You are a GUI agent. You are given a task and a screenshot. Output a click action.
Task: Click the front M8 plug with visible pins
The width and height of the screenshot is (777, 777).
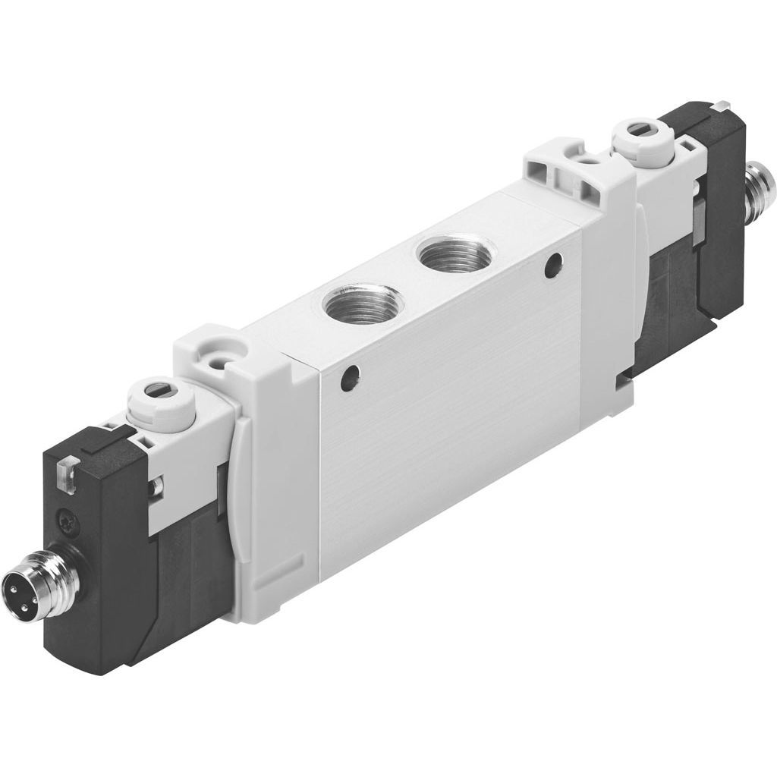23,587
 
